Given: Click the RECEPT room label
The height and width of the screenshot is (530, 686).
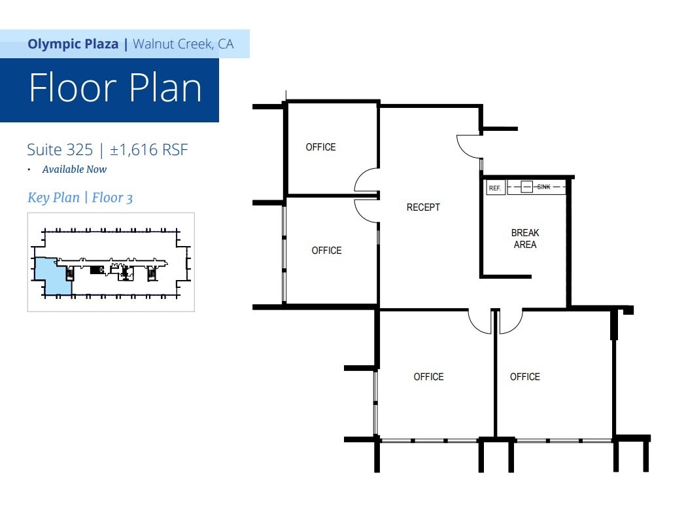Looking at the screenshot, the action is pos(423,207).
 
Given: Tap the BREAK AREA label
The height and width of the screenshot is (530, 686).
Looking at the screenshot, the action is pos(525,239).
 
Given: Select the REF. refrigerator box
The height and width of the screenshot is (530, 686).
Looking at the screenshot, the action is pos(496,187).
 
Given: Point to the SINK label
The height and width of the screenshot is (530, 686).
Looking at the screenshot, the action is pos(543,187).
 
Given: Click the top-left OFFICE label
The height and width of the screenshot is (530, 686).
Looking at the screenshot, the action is pos(320,147).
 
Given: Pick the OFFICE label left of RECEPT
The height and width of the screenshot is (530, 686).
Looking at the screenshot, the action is pos(326,251).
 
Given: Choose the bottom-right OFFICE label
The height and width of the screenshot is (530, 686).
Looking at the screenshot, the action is pos(525,376).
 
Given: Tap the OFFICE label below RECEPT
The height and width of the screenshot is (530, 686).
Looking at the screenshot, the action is pos(428,376).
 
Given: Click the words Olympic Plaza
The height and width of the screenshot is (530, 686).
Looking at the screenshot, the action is pos(73,44).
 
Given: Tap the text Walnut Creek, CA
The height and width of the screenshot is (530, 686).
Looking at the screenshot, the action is pos(183,44).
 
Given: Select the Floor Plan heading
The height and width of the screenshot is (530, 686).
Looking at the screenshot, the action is pos(116,88).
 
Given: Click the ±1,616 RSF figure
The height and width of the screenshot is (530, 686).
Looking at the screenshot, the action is pos(148,150).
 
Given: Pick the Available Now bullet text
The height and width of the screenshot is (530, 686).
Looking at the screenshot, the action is pos(75,169).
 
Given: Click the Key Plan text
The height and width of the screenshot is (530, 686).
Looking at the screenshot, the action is pos(54,198).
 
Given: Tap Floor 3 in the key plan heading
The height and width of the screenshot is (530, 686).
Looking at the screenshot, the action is pos(112,198).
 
